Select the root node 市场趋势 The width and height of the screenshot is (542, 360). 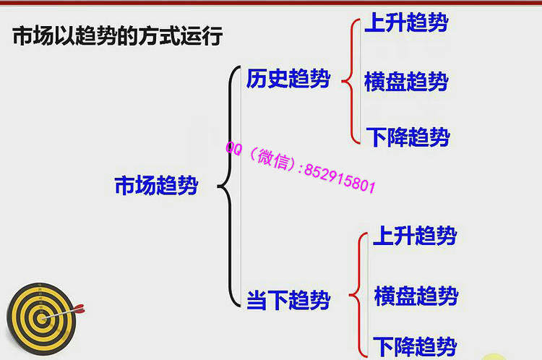156,186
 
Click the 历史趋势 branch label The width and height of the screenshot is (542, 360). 288,78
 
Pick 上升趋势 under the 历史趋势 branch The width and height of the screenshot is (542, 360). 406,23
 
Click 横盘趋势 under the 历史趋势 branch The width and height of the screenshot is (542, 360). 406,82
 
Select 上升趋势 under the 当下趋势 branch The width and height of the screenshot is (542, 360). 415,236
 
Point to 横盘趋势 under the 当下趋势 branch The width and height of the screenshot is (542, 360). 416,296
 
